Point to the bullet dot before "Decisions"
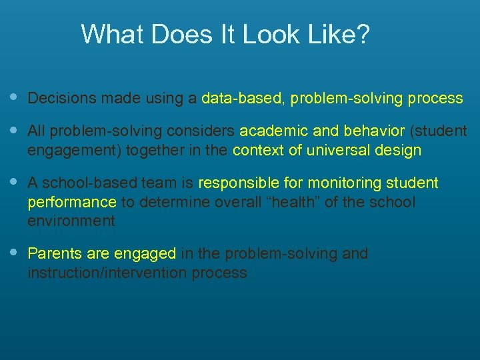pos(15,98)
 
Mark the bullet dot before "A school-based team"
pos(15,182)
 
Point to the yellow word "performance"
pos(71,201)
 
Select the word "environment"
pos(71,220)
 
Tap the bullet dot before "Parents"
pos(15,253)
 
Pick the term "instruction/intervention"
pos(107,273)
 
